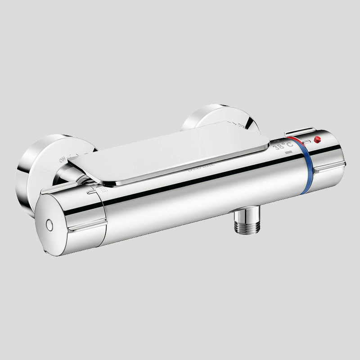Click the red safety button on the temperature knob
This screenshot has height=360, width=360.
pos(318,139)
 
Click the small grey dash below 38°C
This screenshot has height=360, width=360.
pos(288,153)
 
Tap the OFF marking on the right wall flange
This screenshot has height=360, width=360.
pos(242,126)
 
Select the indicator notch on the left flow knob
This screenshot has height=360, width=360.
pos(91,192)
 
